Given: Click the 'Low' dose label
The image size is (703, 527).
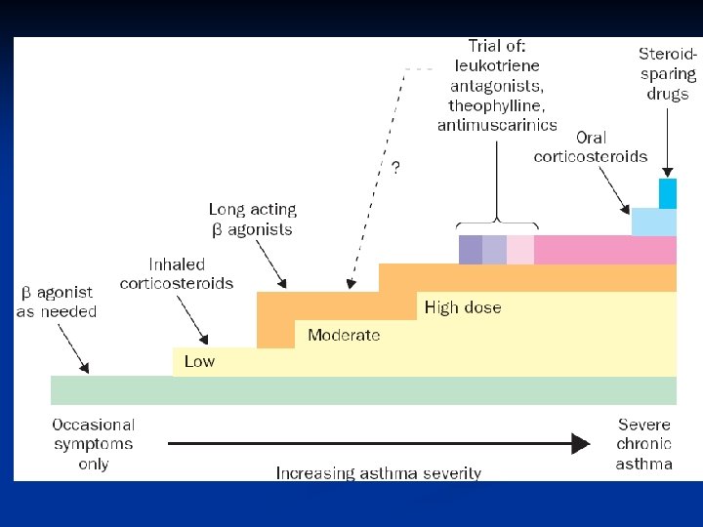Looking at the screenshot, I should [x=199, y=361].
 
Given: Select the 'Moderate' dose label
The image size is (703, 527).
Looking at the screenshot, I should [x=344, y=335].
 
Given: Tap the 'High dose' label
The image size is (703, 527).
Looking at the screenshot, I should [x=463, y=307].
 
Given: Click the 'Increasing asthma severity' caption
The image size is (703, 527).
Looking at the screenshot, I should [x=378, y=473].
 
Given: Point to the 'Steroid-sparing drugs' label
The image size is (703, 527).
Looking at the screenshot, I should [x=668, y=73].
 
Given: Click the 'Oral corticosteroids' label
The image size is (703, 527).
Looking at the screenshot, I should [x=590, y=146].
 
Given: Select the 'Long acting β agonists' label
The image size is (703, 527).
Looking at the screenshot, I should [x=253, y=220].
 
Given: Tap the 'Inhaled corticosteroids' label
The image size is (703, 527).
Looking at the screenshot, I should [x=177, y=273].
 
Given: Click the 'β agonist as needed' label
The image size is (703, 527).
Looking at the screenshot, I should [x=57, y=301].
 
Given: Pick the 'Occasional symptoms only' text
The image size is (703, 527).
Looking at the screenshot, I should [x=94, y=444].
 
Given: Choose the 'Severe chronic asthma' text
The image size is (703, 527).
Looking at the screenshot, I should [x=644, y=444].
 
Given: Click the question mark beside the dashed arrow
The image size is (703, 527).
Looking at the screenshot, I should [x=395, y=167].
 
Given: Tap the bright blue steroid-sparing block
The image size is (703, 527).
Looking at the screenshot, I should [x=668, y=193].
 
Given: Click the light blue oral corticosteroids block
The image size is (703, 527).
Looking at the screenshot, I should [x=653, y=222].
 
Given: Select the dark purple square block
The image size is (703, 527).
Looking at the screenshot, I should [x=471, y=250].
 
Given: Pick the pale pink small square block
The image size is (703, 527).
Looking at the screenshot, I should [x=520, y=250].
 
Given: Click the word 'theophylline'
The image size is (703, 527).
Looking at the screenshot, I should [x=498, y=104].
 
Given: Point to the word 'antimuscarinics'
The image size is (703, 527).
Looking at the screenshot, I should [x=498, y=124].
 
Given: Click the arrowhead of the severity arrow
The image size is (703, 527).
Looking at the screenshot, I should [x=581, y=444].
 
